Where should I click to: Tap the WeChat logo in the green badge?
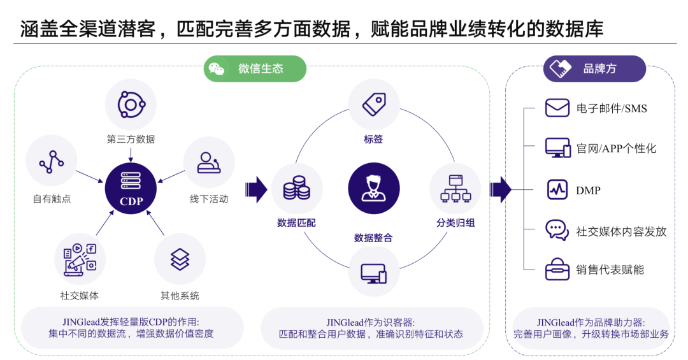pos(217,69)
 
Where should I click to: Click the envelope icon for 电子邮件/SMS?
pos(557,108)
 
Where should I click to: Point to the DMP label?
pos(588,190)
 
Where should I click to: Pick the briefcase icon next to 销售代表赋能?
pos(557,270)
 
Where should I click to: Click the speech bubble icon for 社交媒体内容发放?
pos(557,230)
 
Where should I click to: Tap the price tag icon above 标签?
pos(374,104)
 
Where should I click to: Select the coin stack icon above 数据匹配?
pos(297,189)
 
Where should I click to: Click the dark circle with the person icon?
pos(374,189)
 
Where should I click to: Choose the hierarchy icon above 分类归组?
pos(455,189)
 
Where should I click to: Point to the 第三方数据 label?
pos(131,139)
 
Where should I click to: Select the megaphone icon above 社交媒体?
pos(80,259)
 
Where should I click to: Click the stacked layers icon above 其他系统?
pos(180,259)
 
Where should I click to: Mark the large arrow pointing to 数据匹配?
pos(256,189)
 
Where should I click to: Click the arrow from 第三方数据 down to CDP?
pos(131,154)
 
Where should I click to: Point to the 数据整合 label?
pos(373,238)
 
